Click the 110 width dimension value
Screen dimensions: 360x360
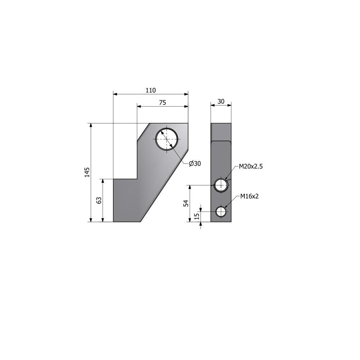150,90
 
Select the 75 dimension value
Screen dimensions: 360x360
163,103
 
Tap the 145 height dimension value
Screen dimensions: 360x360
87,172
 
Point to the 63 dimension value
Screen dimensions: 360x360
99,200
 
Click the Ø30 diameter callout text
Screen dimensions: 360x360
195,163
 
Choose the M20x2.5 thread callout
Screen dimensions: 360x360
251,166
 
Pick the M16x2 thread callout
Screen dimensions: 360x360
249,196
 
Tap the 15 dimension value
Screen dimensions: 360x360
197,216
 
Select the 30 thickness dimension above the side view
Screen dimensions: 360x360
221,102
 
